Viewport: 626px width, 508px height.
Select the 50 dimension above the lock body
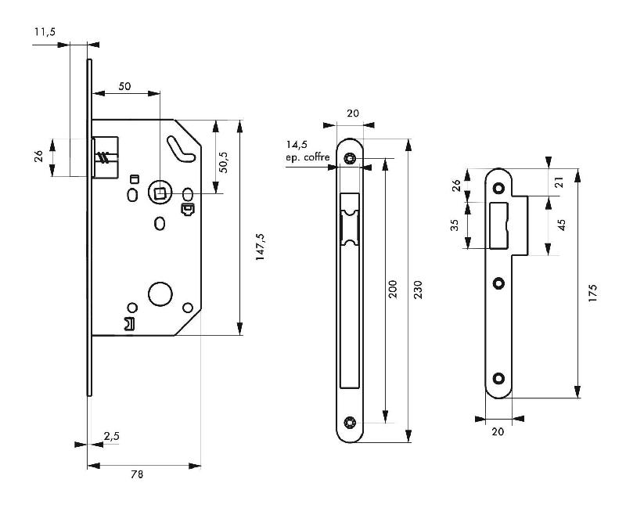[x=124, y=85]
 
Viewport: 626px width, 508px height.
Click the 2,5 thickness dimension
[x=111, y=436]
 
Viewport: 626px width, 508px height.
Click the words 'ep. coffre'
[x=308, y=157]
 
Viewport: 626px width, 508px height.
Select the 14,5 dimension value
[x=297, y=145]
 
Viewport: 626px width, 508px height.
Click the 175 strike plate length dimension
[x=592, y=294]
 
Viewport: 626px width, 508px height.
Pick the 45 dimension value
[x=561, y=225]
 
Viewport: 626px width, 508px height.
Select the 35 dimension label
[x=454, y=225]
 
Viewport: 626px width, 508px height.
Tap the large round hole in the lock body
[x=160, y=295]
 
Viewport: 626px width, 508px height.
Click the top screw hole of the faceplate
[x=351, y=159]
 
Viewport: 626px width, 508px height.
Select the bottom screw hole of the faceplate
[x=351, y=423]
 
